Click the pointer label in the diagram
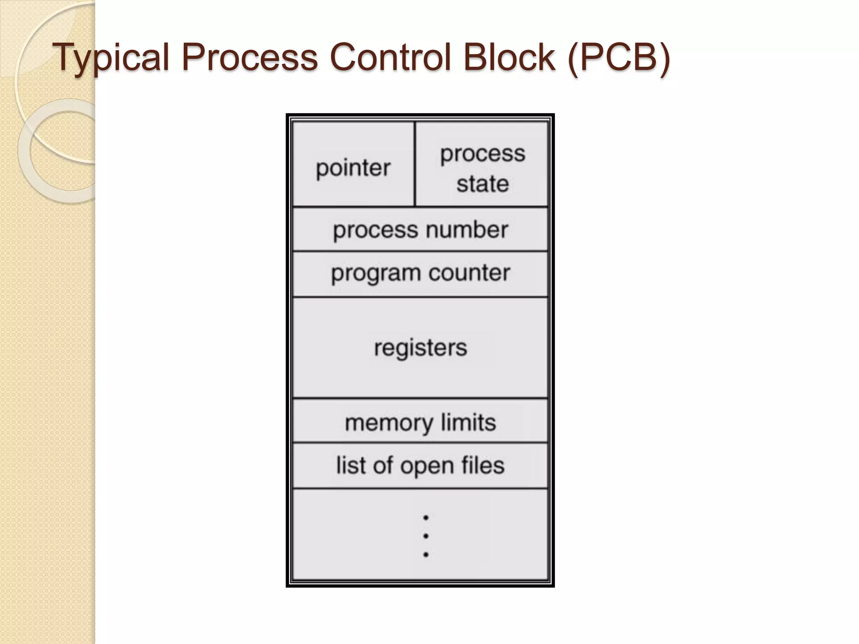pos(353,168)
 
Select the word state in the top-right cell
pos(483,184)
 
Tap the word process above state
pos(483,154)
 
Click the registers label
pos(420,348)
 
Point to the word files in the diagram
pos(483,465)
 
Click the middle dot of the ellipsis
pos(426,536)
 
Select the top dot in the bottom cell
pos(426,518)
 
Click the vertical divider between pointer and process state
pos(415,164)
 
